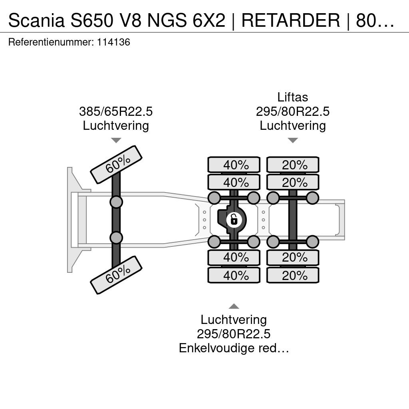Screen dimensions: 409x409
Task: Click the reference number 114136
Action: point(113,42)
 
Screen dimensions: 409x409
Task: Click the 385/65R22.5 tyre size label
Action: point(116,111)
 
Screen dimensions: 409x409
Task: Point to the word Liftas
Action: point(293,97)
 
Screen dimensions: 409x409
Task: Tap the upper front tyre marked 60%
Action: point(116,165)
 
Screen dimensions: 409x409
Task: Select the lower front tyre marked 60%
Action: point(116,275)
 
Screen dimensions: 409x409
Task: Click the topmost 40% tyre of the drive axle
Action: point(234,165)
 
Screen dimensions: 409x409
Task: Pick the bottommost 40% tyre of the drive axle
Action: point(234,275)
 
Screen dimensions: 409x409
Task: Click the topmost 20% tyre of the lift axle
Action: point(293,165)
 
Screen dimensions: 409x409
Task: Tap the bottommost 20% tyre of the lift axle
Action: point(293,275)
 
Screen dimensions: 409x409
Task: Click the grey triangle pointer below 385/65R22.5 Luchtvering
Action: point(116,140)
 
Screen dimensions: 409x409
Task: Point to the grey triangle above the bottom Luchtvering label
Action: point(234,306)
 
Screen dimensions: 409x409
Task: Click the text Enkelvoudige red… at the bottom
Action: point(234,348)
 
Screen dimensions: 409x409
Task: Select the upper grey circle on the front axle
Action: point(116,202)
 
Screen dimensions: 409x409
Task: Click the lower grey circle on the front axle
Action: point(116,238)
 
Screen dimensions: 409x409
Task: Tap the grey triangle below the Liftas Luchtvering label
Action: point(293,140)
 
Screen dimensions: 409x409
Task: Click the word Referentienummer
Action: point(51,42)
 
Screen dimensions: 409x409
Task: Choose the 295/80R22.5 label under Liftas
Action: point(293,111)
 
